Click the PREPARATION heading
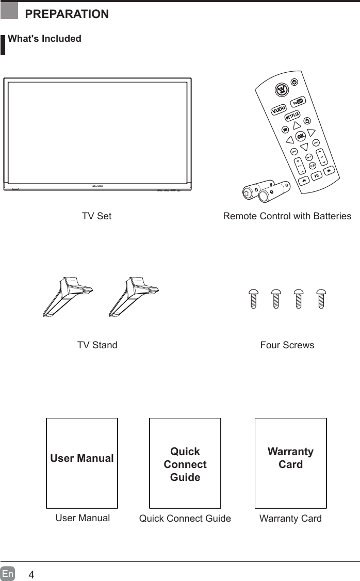[x=67, y=14]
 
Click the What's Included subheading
[x=44, y=39]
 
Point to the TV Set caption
[x=96, y=216]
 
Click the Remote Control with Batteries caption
[x=287, y=216]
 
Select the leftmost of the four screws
[x=253, y=298]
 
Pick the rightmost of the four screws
[x=322, y=298]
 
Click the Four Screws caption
[x=287, y=345]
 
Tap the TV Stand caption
[x=97, y=345]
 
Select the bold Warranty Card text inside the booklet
[x=290, y=458]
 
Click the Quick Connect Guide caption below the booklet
[x=185, y=519]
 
